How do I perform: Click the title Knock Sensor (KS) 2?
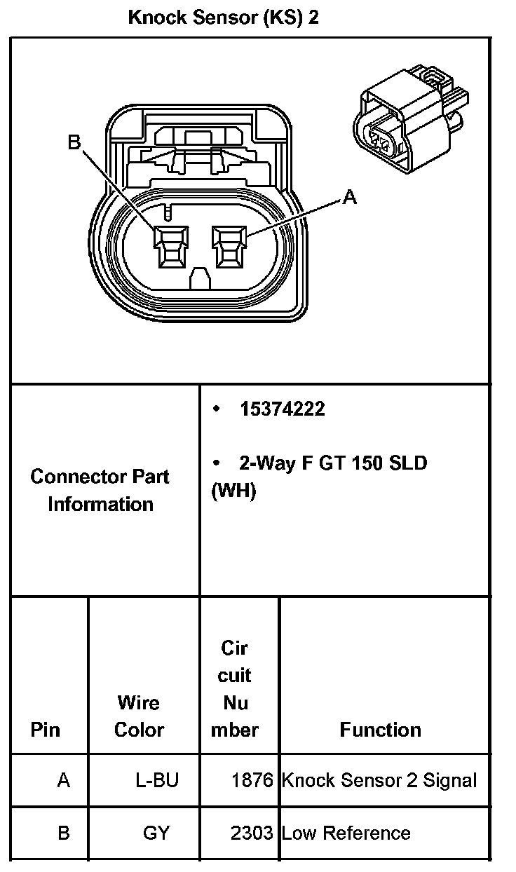pyautogui.click(x=223, y=18)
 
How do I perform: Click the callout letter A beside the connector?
pyautogui.click(x=349, y=198)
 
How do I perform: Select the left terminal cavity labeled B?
pyautogui.click(x=171, y=247)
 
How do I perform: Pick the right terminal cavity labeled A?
pyautogui.click(x=230, y=247)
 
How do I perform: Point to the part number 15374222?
pyautogui.click(x=282, y=409)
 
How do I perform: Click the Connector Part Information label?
pyautogui.click(x=100, y=490)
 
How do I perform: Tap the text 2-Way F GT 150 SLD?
pyautogui.click(x=332, y=463)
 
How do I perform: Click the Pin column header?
pyautogui.click(x=46, y=730)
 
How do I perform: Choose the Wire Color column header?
pyautogui.click(x=139, y=716)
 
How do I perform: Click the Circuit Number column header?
pyautogui.click(x=235, y=689)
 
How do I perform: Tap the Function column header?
pyautogui.click(x=381, y=730)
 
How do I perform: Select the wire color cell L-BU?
pyautogui.click(x=157, y=780)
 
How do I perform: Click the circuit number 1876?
pyautogui.click(x=252, y=780)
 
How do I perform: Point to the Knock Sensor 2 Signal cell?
pyautogui.click(x=379, y=780)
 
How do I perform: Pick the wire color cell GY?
pyautogui.click(x=156, y=833)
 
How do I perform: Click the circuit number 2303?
pyautogui.click(x=252, y=833)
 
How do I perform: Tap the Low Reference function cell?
pyautogui.click(x=346, y=833)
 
